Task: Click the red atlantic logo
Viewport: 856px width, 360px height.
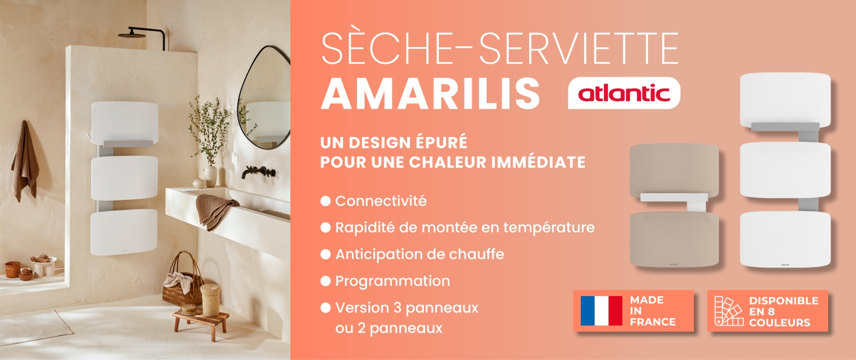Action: (624, 93)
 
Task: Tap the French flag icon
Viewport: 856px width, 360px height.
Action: (601, 311)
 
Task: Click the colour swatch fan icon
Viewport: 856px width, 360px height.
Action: (729, 311)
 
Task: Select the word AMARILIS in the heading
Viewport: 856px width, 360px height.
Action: (430, 93)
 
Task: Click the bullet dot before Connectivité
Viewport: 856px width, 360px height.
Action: (325, 201)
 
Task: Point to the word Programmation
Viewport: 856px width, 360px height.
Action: (393, 281)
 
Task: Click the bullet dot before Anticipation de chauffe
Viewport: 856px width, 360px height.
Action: (325, 254)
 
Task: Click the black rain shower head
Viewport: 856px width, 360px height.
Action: (131, 35)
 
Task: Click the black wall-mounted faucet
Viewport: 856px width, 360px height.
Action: (258, 172)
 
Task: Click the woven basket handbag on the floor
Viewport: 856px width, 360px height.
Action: (184, 281)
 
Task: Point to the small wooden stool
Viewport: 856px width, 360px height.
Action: (200, 323)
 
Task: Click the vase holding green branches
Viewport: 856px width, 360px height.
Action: (210, 176)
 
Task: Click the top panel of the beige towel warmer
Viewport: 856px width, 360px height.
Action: (674, 171)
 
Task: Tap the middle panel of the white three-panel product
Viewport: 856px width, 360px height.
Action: (785, 170)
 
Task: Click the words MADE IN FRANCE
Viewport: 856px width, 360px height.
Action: (653, 311)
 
